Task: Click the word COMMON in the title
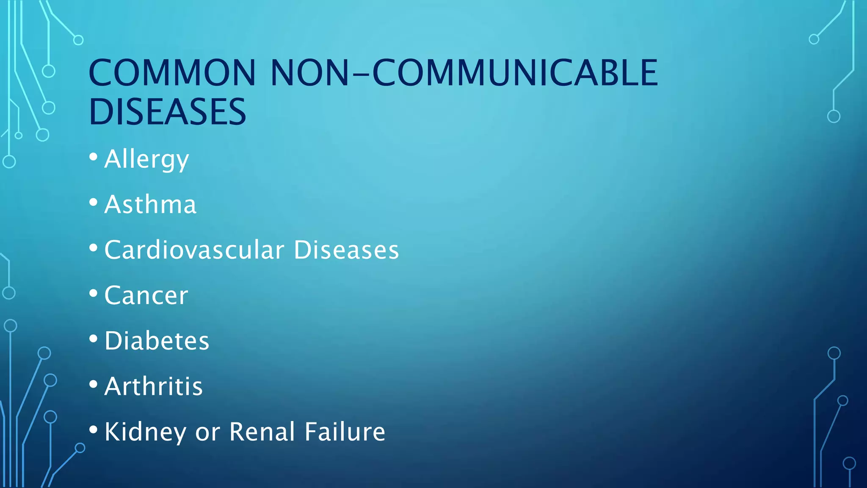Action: point(172,73)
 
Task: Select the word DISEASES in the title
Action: point(167,112)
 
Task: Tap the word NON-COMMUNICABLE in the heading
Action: point(464,73)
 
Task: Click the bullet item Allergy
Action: point(146,159)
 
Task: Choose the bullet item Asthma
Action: point(150,205)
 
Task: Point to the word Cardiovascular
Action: point(194,250)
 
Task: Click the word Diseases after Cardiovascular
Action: point(346,250)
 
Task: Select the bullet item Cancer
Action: point(146,295)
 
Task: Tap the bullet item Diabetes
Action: point(157,341)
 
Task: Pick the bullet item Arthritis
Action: point(154,386)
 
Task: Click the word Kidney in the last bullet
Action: point(145,432)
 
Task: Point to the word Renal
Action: point(262,432)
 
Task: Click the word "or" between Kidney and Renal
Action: point(207,433)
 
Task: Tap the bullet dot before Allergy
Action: point(94,157)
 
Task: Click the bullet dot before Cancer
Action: point(94,293)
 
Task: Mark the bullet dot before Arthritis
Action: point(94,384)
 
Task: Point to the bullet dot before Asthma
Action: point(94,202)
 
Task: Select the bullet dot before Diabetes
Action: point(94,338)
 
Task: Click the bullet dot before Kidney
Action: point(94,430)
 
